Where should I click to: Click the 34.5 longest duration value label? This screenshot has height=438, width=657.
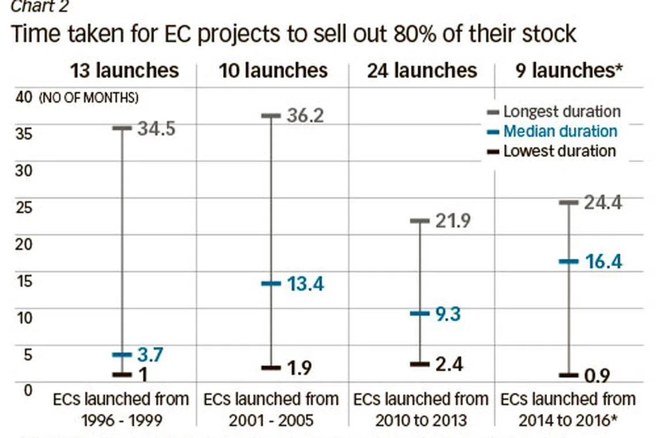(x=156, y=128)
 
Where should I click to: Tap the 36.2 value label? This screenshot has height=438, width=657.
(x=306, y=115)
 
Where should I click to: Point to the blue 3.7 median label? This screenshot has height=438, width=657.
(x=150, y=354)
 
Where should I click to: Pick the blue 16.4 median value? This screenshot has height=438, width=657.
(x=603, y=262)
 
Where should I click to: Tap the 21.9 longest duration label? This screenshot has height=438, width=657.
(x=453, y=221)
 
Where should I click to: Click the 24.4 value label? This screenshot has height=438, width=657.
(x=603, y=202)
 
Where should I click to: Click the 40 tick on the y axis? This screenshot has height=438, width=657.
(x=24, y=97)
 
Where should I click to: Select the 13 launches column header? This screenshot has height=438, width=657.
(x=124, y=70)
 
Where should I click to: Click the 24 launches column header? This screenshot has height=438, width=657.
(x=422, y=70)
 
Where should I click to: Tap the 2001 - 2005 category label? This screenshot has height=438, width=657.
(x=271, y=419)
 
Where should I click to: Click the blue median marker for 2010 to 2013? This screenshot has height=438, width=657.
(x=420, y=314)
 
